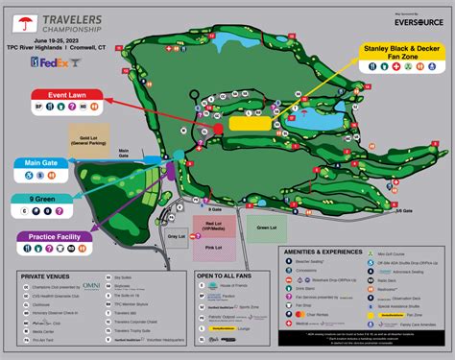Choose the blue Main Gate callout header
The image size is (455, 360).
click(x=45, y=164)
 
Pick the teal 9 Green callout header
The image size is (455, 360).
click(x=39, y=199)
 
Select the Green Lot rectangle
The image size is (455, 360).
click(x=264, y=228)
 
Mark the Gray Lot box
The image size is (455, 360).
click(x=176, y=237)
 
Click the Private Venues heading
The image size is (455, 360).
click(x=49, y=275)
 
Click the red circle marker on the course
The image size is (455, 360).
click(x=218, y=128)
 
